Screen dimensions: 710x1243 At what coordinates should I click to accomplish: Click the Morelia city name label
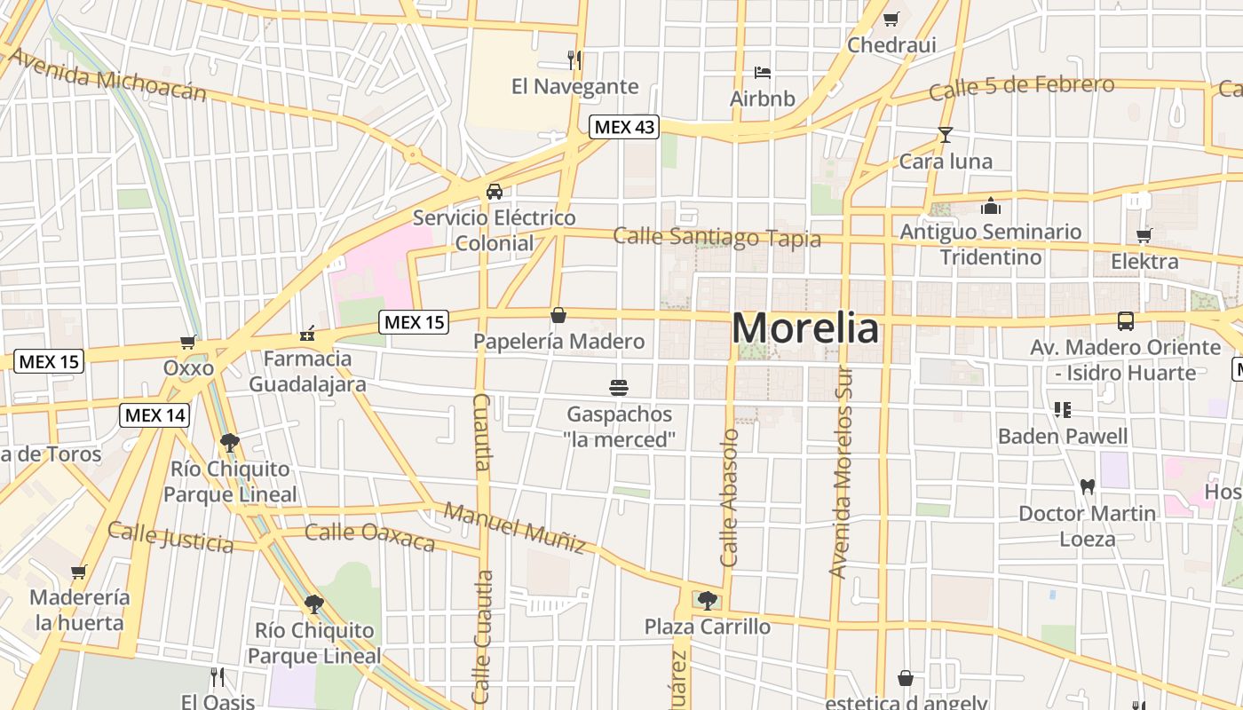805,328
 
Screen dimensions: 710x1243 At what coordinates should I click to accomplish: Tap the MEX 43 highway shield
624,127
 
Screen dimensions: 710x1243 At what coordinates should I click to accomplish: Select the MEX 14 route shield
154,414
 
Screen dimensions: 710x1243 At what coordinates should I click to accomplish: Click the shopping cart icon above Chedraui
891,19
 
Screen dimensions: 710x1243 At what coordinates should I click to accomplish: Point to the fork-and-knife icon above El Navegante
574,60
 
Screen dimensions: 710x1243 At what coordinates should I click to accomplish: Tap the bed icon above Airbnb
762,72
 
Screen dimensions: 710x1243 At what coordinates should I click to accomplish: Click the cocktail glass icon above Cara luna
946,135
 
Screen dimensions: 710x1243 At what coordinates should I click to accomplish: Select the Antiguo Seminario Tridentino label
991,244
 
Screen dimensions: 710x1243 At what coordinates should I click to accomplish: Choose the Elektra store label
1144,262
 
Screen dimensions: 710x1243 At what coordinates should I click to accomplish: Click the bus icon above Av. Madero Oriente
1125,320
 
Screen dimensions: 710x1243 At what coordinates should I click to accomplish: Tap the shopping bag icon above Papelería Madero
558,315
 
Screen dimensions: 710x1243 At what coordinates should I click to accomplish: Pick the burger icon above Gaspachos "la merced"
619,387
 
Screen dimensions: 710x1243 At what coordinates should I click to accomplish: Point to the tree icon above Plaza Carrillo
707,601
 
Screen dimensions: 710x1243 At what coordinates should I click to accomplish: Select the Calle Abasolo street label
730,498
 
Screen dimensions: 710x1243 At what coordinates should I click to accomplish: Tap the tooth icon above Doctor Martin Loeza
1087,486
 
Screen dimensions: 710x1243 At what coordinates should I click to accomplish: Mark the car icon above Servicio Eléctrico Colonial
495,192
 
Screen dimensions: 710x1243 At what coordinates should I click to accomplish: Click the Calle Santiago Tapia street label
717,237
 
